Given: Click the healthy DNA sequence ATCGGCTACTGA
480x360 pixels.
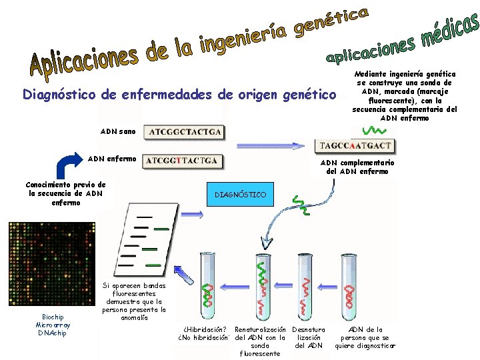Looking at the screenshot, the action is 185,131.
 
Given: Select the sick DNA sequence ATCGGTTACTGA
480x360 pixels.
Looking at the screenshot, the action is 182,161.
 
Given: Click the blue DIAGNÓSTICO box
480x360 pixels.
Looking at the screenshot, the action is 240,195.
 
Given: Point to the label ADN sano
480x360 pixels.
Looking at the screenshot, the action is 117,132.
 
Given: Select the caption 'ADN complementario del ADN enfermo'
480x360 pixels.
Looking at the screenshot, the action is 357,167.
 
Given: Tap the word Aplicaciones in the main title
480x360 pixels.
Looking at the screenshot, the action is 83,59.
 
